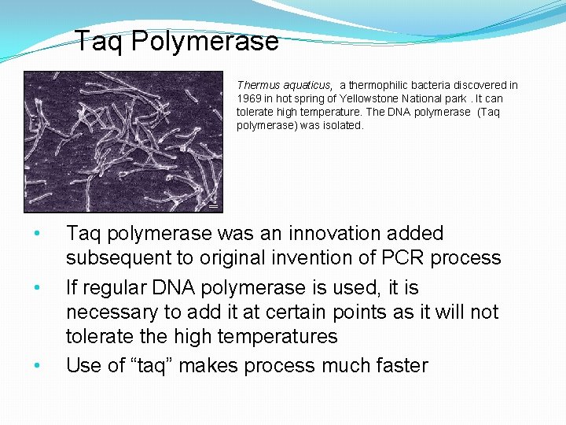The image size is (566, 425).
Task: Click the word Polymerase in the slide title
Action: click(204, 41)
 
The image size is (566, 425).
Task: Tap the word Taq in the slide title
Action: click(100, 41)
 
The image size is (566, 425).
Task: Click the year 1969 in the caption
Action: click(249, 98)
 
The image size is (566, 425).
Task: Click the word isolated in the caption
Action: click(344, 125)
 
